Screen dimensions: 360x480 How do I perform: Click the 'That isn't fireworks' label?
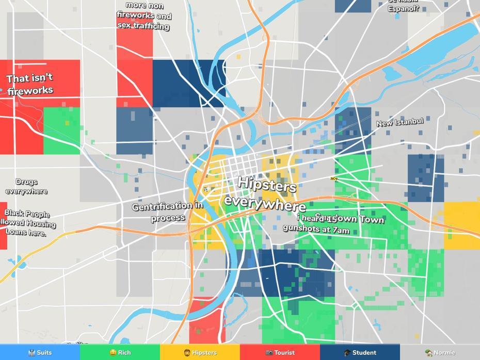click(x=30, y=85)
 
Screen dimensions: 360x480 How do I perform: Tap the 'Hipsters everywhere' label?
click(x=264, y=193)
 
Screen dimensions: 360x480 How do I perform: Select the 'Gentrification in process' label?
click(x=168, y=211)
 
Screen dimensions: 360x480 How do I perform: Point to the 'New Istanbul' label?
click(x=399, y=123)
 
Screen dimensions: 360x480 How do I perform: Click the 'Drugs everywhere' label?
click(x=26, y=187)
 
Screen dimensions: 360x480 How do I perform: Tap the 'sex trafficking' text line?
click(x=143, y=25)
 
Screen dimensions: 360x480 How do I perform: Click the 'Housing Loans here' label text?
click(x=28, y=227)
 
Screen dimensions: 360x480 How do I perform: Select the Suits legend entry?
click(x=40, y=353)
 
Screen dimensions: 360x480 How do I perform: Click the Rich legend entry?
click(x=120, y=353)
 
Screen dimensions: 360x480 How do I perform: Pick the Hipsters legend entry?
click(x=200, y=353)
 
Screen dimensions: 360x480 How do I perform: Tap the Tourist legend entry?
click(x=280, y=353)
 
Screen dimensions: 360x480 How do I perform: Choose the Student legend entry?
click(x=360, y=353)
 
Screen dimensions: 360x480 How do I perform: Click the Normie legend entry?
click(x=440, y=353)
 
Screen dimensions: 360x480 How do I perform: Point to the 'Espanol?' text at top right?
click(x=403, y=9)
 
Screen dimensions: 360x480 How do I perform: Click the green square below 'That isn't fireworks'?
click(x=61, y=130)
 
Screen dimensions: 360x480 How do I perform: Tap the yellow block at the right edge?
click(x=461, y=221)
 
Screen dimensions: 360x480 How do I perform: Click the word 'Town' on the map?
click(x=372, y=220)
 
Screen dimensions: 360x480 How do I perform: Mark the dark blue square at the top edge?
click(x=353, y=6)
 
